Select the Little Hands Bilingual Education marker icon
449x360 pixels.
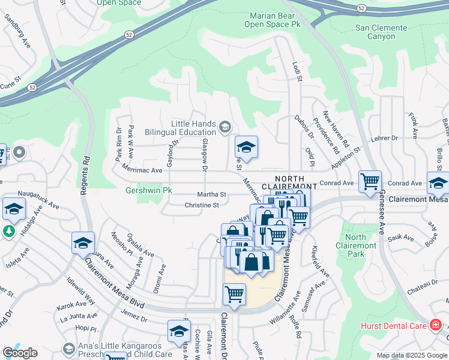[224, 127]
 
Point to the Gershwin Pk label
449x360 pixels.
[148, 191]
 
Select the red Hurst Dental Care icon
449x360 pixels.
[436, 326]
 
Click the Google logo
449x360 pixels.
[20, 353]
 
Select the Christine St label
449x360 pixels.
[201, 205]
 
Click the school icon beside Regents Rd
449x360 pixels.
[83, 242]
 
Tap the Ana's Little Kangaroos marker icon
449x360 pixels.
[69, 348]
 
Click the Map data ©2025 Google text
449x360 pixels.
[412, 355]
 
